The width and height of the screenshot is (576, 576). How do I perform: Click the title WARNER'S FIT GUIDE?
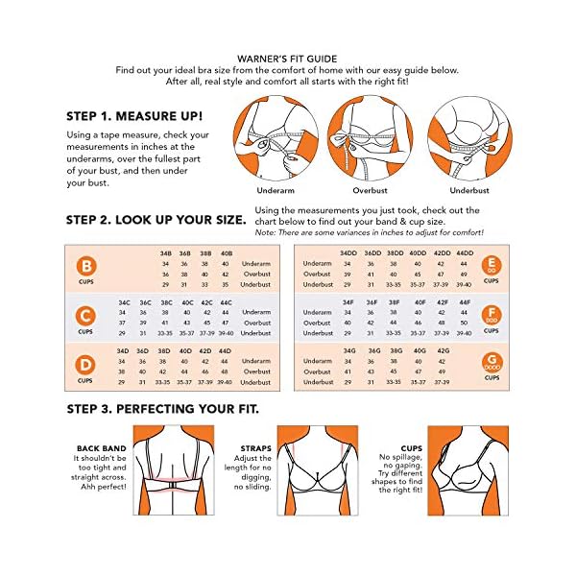click(288, 58)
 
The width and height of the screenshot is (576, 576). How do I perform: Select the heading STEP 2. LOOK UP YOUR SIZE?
click(156, 219)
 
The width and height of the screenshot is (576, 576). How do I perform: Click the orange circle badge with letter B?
click(87, 266)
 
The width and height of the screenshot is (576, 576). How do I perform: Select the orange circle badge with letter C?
click(87, 314)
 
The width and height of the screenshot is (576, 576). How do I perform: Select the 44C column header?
click(226, 301)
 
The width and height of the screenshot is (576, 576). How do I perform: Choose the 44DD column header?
click(465, 252)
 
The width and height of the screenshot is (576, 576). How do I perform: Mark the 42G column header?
click(443, 350)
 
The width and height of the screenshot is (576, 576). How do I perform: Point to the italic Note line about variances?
click(370, 232)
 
